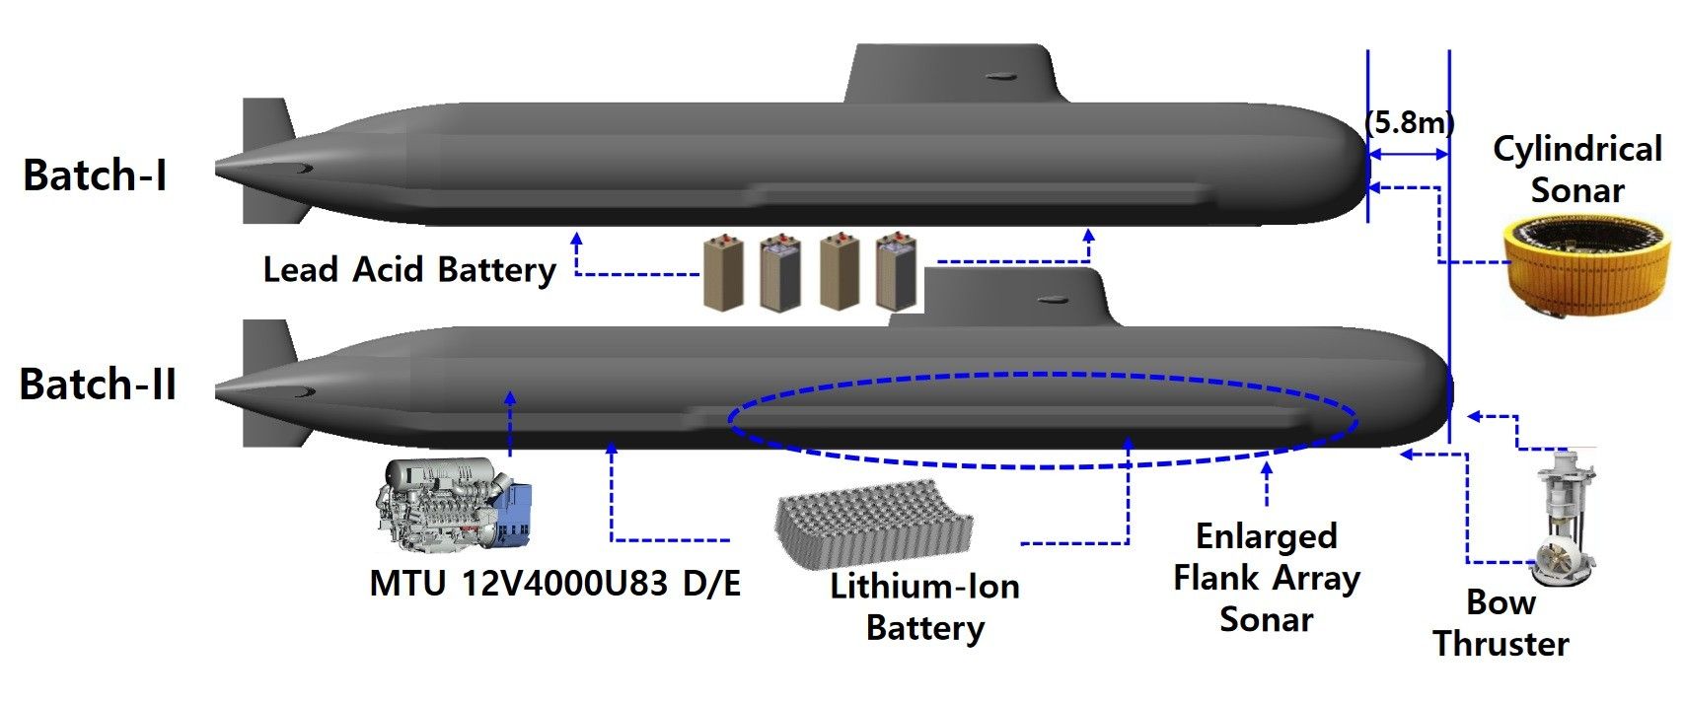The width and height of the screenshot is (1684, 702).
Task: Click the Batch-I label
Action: [x=95, y=175]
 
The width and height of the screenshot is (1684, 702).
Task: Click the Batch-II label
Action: [x=98, y=384]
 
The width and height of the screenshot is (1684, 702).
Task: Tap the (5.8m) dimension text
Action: [x=1410, y=122]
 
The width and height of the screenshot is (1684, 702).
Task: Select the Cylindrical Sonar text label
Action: [x=1576, y=169]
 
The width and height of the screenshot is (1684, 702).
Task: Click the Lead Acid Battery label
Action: [x=409, y=269]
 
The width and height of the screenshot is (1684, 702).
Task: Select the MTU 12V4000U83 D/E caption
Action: [x=554, y=583]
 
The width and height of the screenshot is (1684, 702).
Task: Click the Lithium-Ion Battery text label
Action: [x=924, y=607]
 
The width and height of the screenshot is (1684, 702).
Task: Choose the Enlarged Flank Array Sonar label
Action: [x=1267, y=578]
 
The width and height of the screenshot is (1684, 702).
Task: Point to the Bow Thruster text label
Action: [x=1501, y=623]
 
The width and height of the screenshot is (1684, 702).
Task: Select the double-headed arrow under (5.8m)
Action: [x=1408, y=154]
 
